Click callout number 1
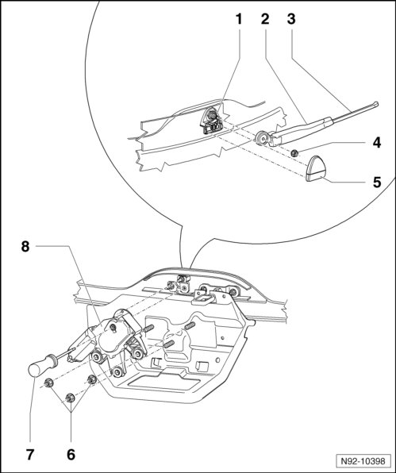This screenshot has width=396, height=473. coord(239,19)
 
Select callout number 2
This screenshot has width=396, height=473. coord(265,19)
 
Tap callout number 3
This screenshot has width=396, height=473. coord(291,19)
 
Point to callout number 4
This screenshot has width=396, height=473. coord(377,143)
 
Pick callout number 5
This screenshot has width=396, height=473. coord(377,183)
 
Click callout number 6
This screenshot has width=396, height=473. coord(71,454)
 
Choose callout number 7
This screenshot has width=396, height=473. coord(29,454)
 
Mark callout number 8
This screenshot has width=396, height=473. coord(25,247)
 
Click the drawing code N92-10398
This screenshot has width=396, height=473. coord(363,461)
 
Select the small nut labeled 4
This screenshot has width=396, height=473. coord(294,153)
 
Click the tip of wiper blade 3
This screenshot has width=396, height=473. coord(376,103)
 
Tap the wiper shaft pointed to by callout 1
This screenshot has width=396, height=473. coord(213,115)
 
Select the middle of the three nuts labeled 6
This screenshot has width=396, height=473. coord(71,398)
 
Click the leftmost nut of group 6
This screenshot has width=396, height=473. coord(48,383)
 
